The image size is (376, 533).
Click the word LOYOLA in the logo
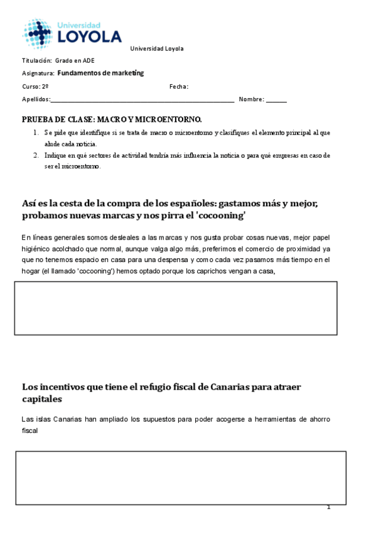coord(90,37)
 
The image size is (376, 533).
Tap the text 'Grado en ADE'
coord(75,61)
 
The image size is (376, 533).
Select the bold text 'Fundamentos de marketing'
coord(105,73)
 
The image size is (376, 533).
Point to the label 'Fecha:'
coord(179,87)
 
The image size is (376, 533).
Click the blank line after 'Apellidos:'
coord(142,100)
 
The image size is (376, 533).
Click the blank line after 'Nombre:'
coord(276,100)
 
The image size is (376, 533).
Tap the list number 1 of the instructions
coord(35,133)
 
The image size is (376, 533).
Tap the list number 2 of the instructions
coord(35,155)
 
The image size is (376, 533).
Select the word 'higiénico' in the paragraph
coord(37,248)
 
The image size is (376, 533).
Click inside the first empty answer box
coord(176,307)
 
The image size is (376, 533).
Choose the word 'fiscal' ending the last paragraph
coord(30,431)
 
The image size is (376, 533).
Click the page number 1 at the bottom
coord(328,507)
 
